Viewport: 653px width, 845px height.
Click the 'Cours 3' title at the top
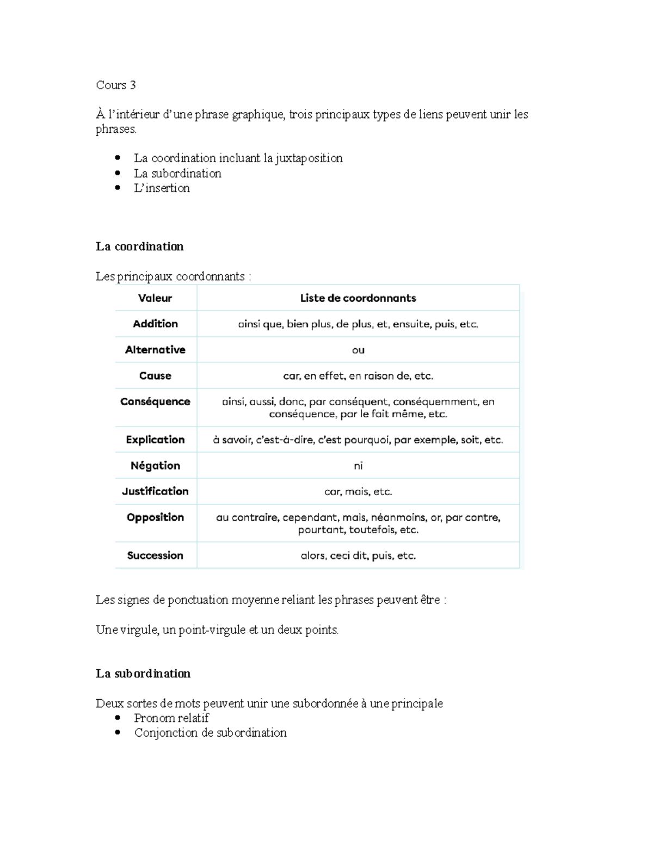click(x=115, y=85)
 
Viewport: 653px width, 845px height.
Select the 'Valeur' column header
click(x=155, y=298)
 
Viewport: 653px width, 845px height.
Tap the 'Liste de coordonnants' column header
click(x=358, y=298)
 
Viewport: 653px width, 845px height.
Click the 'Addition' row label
click(x=155, y=324)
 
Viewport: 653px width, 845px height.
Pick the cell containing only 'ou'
click(x=358, y=350)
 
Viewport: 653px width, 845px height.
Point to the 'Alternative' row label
click(x=155, y=350)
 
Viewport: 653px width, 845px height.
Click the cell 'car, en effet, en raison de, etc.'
click(x=358, y=376)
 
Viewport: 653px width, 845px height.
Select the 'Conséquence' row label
click(x=155, y=402)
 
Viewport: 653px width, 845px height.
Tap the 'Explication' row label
click(x=155, y=440)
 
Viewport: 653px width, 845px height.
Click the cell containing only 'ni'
click(x=358, y=466)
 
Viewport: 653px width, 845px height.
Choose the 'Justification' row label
click(x=155, y=491)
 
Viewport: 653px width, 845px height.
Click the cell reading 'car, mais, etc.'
click(x=358, y=492)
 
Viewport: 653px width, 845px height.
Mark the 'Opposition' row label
click(x=155, y=517)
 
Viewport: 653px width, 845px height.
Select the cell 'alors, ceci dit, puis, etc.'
click(x=358, y=556)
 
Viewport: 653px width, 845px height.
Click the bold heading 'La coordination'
click(x=140, y=246)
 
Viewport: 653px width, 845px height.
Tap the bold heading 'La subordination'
click(x=143, y=674)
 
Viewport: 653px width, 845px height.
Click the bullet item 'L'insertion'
click(x=162, y=188)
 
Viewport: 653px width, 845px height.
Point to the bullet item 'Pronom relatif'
click(x=171, y=718)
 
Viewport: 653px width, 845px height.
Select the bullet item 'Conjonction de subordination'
click(x=210, y=733)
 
